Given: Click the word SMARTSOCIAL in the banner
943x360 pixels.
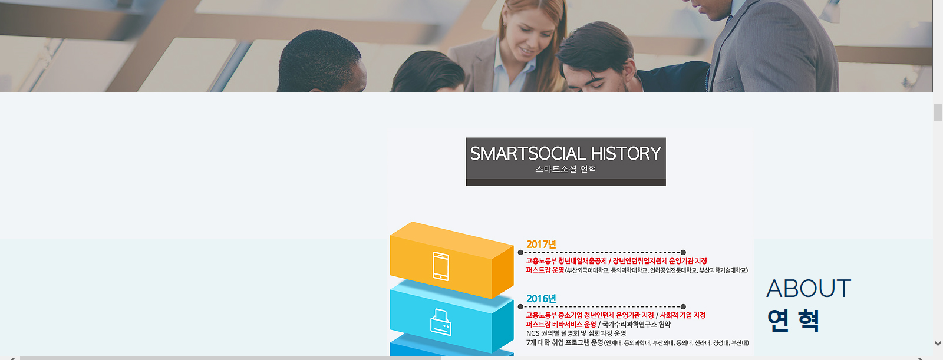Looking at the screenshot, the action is tap(527, 153).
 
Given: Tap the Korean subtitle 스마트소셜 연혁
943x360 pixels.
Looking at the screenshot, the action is tap(565, 169).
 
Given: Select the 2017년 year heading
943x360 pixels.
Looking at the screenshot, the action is tap(541, 244).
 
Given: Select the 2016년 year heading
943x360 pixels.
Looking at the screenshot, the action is tap(541, 299).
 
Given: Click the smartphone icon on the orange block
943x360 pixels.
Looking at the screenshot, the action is tap(441, 266).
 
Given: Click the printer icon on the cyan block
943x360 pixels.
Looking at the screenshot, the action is tap(441, 322).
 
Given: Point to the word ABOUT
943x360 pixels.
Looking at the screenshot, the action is tap(808, 289).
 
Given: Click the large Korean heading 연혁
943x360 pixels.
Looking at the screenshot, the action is tap(793, 321).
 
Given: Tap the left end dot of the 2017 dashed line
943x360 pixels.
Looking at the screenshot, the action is tap(520, 253).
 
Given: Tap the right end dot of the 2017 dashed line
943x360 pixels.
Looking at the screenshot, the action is tap(683, 253).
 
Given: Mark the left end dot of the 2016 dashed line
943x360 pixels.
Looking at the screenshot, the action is tap(520, 307).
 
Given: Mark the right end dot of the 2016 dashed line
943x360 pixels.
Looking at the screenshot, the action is tap(683, 307).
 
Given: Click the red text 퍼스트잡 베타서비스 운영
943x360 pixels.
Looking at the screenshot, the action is tap(561, 324).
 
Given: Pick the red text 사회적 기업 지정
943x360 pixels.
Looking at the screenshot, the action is tap(682, 315).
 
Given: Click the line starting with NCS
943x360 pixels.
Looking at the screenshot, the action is tap(576, 333).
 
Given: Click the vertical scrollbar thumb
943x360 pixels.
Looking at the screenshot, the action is tap(938, 113).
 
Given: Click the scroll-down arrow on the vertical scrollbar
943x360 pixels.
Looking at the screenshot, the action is tap(938, 343).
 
